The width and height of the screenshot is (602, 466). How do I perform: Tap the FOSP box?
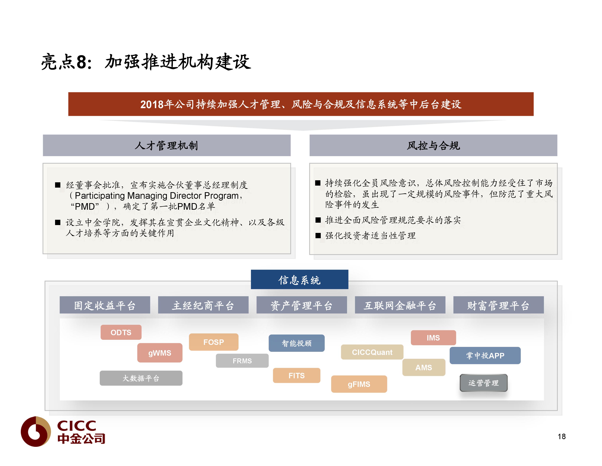point(214,342)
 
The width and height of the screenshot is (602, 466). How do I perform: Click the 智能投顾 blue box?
point(297,343)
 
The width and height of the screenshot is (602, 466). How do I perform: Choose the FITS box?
point(297,375)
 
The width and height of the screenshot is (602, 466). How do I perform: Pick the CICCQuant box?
point(372,352)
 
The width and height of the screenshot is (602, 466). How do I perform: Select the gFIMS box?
point(359,384)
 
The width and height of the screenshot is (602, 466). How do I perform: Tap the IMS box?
point(433,338)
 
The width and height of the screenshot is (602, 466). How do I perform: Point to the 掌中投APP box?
point(485,355)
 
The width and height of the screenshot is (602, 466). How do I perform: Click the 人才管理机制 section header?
point(167,145)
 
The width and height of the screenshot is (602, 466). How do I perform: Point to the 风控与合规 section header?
point(433,145)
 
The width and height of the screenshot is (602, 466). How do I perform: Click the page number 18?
point(562,436)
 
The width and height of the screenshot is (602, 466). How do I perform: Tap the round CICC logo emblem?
point(36,431)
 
